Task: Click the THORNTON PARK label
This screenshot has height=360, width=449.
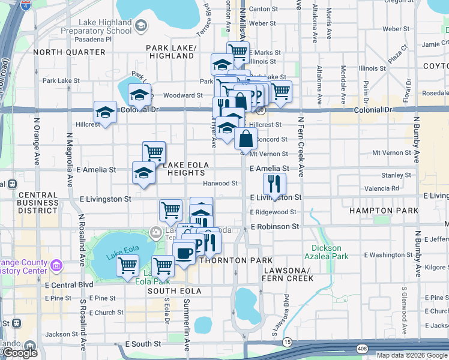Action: [x=223, y=260]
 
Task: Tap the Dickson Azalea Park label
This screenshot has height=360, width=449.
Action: [x=326, y=252]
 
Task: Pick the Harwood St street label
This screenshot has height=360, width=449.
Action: [x=220, y=183]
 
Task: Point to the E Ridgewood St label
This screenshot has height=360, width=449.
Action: [x=273, y=212]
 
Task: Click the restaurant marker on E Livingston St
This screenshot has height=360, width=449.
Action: [x=274, y=184]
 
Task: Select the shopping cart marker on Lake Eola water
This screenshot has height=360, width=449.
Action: [x=127, y=264]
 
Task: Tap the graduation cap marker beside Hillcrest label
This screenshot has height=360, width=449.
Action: [x=105, y=112]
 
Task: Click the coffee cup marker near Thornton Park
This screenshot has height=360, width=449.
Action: [x=184, y=251]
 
